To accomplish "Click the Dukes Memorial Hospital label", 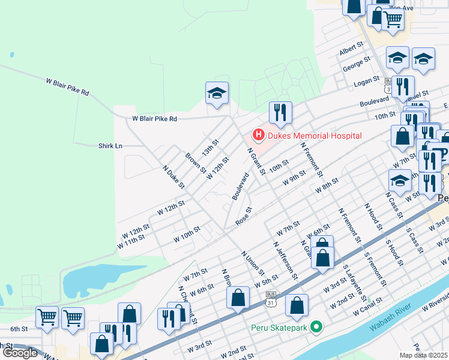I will (x=315, y=136).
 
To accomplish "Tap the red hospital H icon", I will (x=259, y=135).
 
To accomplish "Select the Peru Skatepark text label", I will (x=279, y=328).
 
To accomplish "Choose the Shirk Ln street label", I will (x=110, y=146).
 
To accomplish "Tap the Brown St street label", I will (x=191, y=162).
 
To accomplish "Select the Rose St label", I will (x=243, y=217).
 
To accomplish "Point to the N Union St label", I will (x=253, y=262).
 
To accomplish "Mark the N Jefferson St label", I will (x=285, y=260).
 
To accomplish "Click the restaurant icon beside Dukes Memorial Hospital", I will (x=280, y=112).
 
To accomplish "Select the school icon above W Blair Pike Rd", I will (x=217, y=93).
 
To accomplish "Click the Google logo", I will (x=20, y=353).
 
